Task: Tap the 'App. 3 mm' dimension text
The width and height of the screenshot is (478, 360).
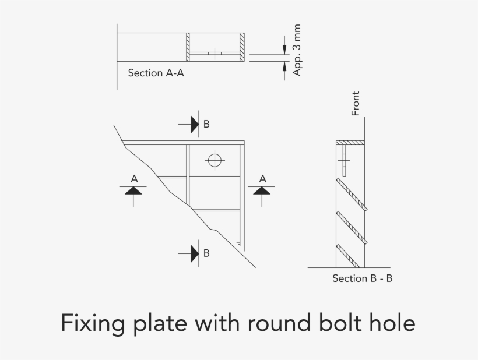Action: click(x=297, y=50)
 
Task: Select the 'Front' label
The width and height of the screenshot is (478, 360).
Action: click(x=356, y=103)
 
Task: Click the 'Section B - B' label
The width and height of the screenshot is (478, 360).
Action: click(x=362, y=278)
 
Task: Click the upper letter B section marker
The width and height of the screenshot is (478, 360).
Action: click(x=206, y=124)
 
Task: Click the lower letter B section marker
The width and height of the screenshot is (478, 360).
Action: click(x=206, y=253)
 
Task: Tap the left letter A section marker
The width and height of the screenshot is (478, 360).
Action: click(x=134, y=178)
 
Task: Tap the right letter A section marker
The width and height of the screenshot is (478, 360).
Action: click(x=262, y=178)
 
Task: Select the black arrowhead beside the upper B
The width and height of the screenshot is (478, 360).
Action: click(x=195, y=124)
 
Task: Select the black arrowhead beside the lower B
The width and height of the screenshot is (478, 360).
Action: click(x=195, y=253)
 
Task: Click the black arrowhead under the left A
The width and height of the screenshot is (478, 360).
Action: click(x=133, y=190)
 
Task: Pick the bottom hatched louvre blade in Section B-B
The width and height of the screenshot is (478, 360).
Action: click(x=352, y=259)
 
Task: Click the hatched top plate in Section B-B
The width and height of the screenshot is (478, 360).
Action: click(x=350, y=142)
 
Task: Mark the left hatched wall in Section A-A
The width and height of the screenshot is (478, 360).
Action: click(x=188, y=47)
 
